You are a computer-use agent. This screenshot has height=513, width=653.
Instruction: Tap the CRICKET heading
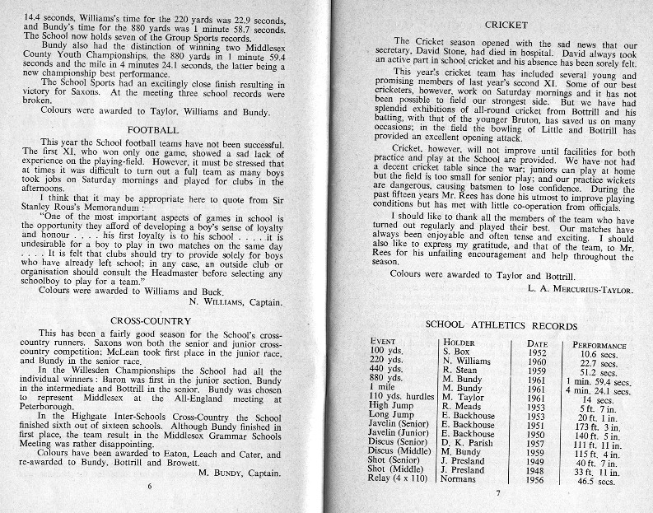[505, 26]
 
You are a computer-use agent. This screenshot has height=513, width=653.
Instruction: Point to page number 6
[150, 487]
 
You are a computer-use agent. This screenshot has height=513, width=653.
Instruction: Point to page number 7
[498, 494]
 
